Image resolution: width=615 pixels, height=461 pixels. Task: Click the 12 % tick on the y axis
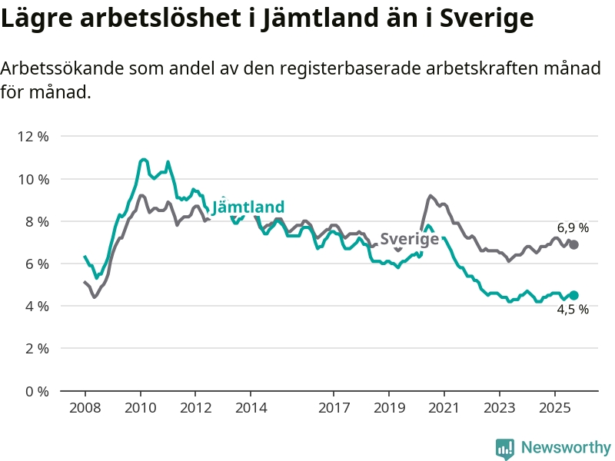[33, 136]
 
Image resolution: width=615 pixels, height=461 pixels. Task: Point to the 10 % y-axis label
[33, 179]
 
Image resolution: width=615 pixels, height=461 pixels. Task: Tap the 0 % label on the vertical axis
[36, 391]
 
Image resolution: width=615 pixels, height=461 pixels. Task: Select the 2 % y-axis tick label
[36, 349]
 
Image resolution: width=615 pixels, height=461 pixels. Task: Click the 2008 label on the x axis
[85, 406]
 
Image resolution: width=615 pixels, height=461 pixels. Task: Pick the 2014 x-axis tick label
[251, 406]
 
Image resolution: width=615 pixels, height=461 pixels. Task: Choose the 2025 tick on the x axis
[555, 406]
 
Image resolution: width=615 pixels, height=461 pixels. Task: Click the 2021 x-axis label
[444, 406]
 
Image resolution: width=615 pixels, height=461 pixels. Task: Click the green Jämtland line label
[248, 207]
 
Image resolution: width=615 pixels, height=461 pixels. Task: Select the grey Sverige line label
[410, 238]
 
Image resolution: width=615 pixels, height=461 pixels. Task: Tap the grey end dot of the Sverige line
[573, 244]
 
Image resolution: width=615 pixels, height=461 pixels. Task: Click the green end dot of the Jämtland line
[573, 295]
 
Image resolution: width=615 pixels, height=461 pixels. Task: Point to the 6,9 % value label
[573, 227]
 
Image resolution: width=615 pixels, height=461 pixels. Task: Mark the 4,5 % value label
[573, 310]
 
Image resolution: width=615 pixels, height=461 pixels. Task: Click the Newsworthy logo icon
[505, 447]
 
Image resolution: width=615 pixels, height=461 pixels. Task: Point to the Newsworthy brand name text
[566, 447]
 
